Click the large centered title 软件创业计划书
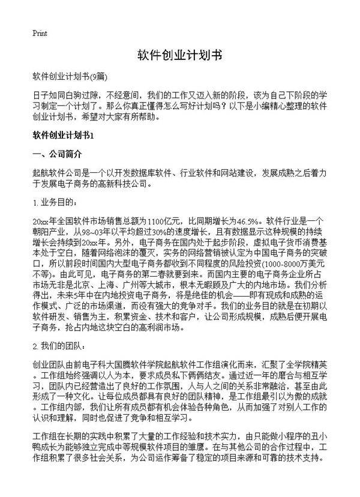tap(179, 56)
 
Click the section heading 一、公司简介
tap(56, 154)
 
